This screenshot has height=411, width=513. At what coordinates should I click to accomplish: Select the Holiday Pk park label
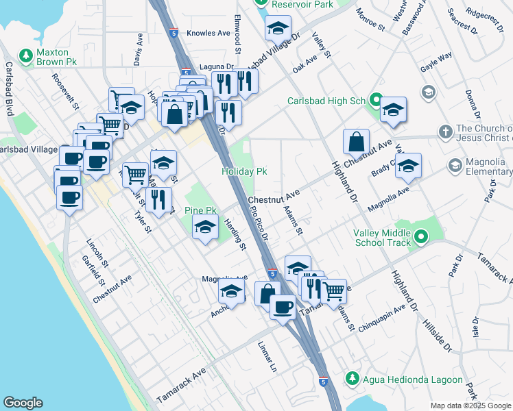tap(243, 171)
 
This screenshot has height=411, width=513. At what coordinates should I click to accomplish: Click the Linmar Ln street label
tap(267, 356)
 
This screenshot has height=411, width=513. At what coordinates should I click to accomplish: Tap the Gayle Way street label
tap(436, 65)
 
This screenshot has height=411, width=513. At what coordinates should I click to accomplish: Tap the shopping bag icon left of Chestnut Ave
tap(357, 142)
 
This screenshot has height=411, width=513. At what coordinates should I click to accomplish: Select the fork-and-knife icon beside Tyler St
tap(158, 199)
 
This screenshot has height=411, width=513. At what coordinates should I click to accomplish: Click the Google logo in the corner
tap(23, 403)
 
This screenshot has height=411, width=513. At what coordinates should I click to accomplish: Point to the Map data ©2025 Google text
tap(470, 406)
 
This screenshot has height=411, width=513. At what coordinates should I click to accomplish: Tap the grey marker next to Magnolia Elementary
tap(455, 165)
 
